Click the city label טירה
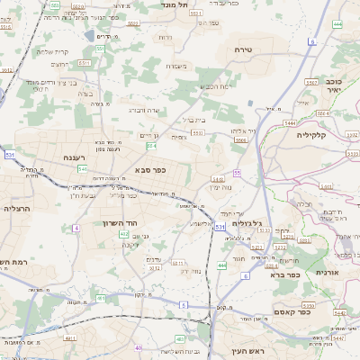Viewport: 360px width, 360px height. pyautogui.click(x=240, y=49)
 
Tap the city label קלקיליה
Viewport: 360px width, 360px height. pyautogui.click(x=316, y=134)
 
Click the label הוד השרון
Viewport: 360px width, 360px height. pyautogui.click(x=118, y=221)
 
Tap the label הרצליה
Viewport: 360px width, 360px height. pyautogui.click(x=17, y=207)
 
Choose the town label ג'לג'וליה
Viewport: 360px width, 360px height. pyautogui.click(x=246, y=222)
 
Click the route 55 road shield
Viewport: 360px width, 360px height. pyautogui.click(x=238, y=172)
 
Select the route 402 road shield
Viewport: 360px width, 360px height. pyautogui.click(x=123, y=234)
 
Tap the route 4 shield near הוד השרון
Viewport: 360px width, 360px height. pyautogui.click(x=76, y=228)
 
